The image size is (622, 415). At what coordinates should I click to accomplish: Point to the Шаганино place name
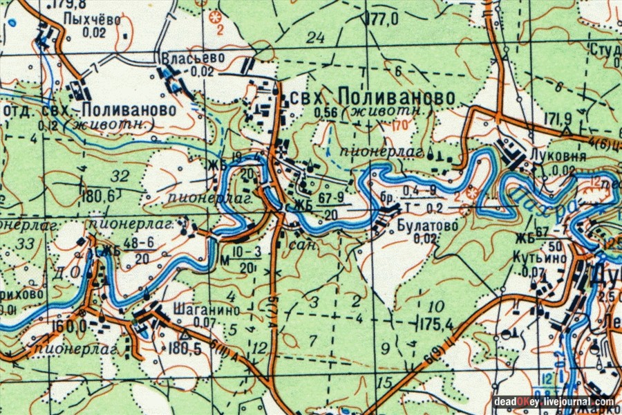[198, 311]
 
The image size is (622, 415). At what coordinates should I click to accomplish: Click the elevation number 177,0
[384, 19]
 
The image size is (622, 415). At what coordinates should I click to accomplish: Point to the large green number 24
[315, 38]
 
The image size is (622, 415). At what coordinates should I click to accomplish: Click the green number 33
[25, 242]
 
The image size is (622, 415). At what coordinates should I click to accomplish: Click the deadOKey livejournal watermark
[554, 401]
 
